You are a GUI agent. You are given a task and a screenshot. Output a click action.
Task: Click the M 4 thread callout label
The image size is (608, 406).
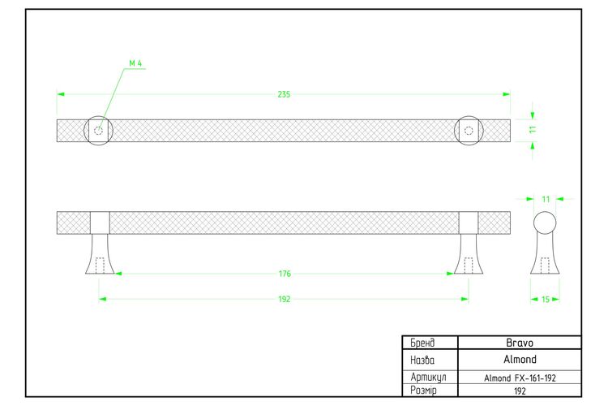point(135,63)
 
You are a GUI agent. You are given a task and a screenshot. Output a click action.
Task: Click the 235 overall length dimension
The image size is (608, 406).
point(284,94)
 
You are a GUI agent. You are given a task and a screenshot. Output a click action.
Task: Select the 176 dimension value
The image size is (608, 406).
point(285,274)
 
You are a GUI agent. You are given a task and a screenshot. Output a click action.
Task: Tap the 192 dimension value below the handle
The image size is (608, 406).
point(285,299)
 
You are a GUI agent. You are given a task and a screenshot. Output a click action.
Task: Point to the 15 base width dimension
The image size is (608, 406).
point(546,300)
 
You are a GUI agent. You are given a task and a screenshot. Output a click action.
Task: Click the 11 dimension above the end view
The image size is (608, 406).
point(546,199)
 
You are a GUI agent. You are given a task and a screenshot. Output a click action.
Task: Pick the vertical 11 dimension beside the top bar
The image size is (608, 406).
point(533,129)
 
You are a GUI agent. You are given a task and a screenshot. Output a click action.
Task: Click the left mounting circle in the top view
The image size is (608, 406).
point(84,131)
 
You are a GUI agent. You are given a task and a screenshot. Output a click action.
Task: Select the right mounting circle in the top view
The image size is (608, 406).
point(455,131)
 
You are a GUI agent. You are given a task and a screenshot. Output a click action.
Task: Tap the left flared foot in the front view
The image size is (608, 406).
point(100,254)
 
